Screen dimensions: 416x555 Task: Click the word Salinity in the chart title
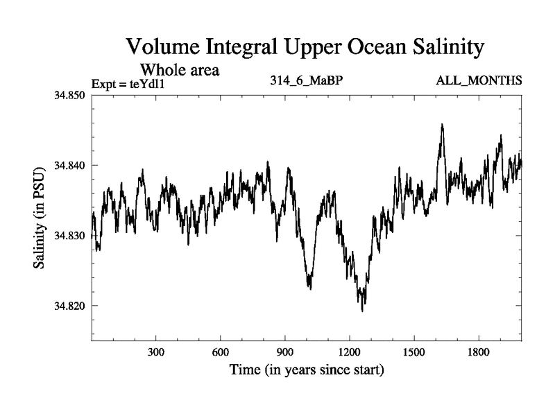pos(438,49)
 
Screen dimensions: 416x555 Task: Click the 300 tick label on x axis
pos(156,352)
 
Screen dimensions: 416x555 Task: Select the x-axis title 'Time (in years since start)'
pos(307,370)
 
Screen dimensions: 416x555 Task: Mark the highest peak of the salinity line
pos(442,125)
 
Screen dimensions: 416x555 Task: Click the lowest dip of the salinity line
pos(362,311)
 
